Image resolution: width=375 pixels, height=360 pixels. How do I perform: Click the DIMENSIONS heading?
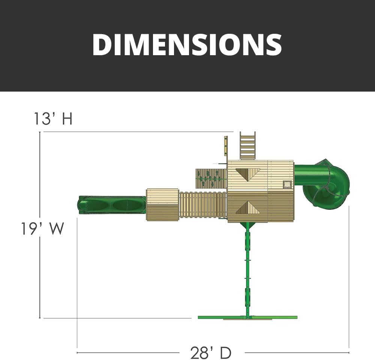click(x=187, y=45)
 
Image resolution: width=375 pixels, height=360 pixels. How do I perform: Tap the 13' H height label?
click(x=53, y=119)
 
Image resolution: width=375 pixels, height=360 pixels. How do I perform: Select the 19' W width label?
click(x=43, y=228)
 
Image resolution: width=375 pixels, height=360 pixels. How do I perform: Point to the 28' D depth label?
click(x=211, y=352)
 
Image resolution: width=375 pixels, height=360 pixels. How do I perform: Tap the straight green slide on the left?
click(x=112, y=205)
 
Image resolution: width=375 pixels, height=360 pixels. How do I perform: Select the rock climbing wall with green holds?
click(x=211, y=179)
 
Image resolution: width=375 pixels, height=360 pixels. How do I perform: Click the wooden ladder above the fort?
click(x=247, y=146)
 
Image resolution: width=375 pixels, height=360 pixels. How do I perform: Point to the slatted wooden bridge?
click(x=203, y=205)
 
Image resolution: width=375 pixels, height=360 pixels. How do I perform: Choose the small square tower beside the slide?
click(x=162, y=205)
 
